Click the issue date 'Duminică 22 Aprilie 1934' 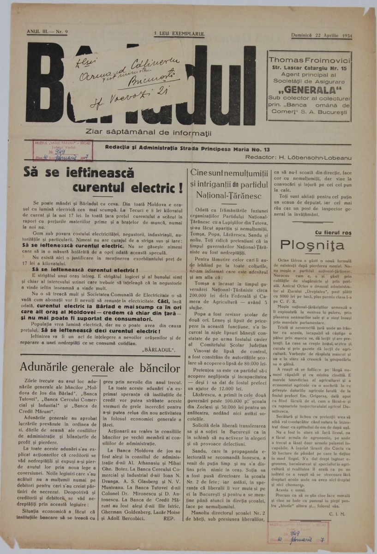pyautogui.click(x=321, y=36)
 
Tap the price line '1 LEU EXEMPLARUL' pyautogui.click(x=180, y=34)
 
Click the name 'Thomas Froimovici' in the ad pyautogui.click(x=309, y=60)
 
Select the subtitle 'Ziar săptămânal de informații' pyautogui.click(x=149, y=133)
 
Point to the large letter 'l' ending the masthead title pyautogui.click(x=250, y=85)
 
